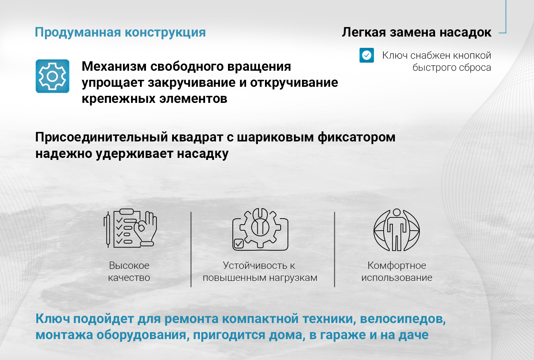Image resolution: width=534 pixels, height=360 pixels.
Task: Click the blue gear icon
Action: (52, 76)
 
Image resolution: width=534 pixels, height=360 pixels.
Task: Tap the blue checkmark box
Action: (367, 55)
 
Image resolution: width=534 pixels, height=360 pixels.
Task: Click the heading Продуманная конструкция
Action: (120, 33)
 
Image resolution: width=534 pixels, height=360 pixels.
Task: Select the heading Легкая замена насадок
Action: (417, 32)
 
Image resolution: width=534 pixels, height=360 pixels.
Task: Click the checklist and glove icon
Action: (130, 228)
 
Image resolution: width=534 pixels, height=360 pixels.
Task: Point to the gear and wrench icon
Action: (260, 229)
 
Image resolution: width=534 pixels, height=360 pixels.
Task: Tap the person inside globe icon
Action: (397, 230)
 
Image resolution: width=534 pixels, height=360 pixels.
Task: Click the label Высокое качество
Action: (129, 271)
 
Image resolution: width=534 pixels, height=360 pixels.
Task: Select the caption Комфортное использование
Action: (397, 271)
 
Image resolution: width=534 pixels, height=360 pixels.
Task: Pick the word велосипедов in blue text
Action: (403, 319)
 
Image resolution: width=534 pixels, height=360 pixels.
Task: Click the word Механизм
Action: (114, 66)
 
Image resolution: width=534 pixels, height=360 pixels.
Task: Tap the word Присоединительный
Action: (102, 138)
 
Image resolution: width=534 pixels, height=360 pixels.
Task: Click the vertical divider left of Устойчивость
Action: (191, 249)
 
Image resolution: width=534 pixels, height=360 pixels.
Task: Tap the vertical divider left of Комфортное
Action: (335, 249)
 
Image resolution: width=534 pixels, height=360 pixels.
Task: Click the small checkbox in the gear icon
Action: (239, 243)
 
